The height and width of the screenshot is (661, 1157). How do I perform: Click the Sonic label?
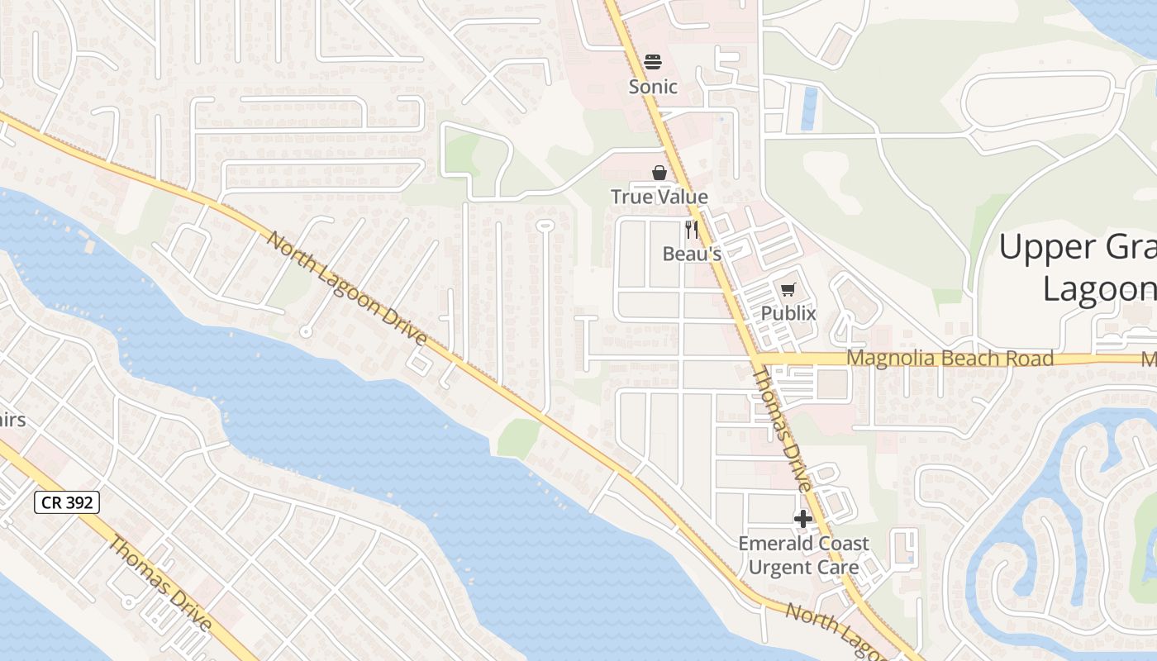[x=653, y=86]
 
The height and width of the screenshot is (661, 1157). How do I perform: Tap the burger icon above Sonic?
[x=653, y=62]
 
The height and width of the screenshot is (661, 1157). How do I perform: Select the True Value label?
[x=659, y=197]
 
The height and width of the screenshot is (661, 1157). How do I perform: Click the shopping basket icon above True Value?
[x=659, y=173]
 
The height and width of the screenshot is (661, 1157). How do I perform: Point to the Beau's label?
[x=692, y=254]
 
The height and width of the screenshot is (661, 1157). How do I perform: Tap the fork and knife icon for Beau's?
[x=692, y=230]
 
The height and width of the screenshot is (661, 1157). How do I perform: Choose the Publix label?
[x=788, y=313]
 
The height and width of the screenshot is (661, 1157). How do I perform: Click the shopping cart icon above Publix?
[x=788, y=289]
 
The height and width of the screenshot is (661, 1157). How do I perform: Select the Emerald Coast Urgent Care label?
[x=803, y=555]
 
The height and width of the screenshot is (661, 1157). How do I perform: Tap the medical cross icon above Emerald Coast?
[x=803, y=519]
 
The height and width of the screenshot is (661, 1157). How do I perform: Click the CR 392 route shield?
[x=67, y=502]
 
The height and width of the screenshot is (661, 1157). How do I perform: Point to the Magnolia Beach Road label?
[x=950, y=359]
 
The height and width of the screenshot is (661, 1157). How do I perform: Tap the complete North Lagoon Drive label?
[x=347, y=288]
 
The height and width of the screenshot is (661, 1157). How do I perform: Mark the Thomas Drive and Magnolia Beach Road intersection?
[x=756, y=359]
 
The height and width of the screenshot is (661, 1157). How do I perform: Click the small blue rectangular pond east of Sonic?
[x=809, y=109]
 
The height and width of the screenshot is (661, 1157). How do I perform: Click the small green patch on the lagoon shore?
[x=518, y=437]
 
